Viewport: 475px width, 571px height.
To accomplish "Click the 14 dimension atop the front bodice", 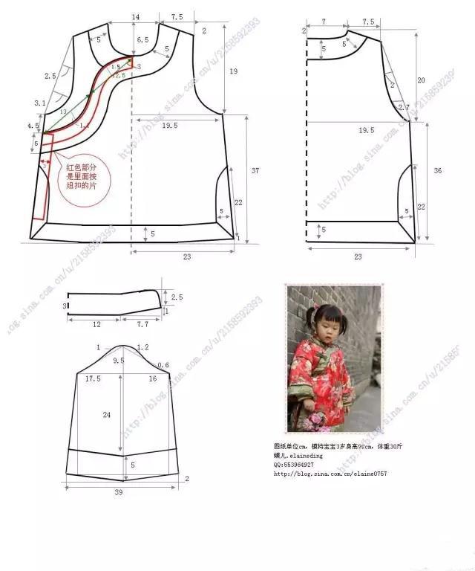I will (x=135, y=16).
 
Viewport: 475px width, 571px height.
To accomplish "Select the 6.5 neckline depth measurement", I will (x=143, y=39).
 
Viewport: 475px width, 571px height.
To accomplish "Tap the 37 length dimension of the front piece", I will (x=255, y=171).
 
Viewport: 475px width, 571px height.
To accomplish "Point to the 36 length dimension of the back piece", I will (x=438, y=171).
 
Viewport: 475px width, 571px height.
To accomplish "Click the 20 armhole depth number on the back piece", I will (x=421, y=80).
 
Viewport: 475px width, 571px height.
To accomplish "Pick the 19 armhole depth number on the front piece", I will (x=233, y=71).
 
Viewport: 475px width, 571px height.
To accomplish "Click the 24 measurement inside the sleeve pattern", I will (x=107, y=415).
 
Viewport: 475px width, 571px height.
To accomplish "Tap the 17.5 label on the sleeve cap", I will (x=93, y=378).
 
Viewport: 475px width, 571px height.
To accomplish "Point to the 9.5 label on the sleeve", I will (x=118, y=361).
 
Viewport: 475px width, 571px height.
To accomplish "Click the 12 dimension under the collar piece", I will (x=96, y=324).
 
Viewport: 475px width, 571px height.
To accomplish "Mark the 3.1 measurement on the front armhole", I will (x=39, y=104).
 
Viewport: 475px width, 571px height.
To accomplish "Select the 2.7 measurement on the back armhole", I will (x=404, y=108).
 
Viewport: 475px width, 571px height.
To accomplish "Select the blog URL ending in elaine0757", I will (x=330, y=474).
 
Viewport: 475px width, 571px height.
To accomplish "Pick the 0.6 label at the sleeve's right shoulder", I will (x=163, y=364).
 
